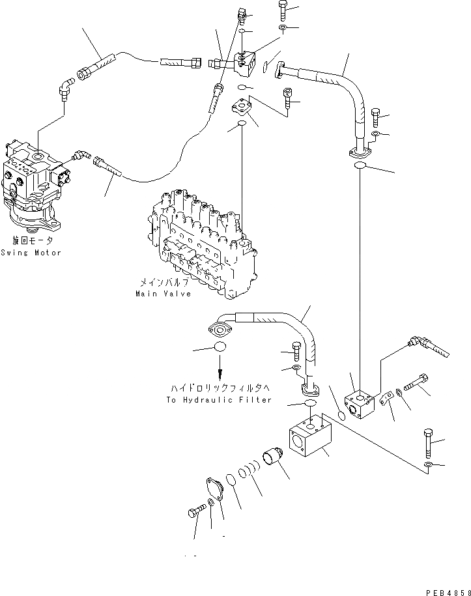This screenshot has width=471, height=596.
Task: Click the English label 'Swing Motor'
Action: point(31,252)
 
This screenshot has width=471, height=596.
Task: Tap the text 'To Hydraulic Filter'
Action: point(219,400)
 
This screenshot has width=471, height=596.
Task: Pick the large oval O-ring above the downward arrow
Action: point(220,347)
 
